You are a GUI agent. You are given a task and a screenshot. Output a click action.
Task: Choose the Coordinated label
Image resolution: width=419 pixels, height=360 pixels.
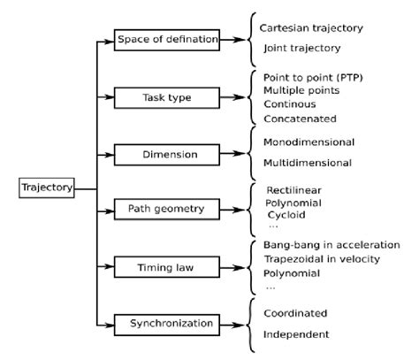point(295,313)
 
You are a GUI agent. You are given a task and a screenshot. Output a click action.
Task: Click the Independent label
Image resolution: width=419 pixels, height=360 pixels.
point(296,334)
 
